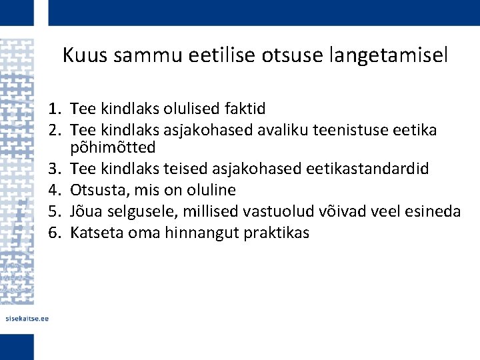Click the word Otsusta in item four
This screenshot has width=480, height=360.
point(94,191)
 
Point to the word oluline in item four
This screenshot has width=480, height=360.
point(212,191)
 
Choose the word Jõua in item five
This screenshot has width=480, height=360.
point(85,211)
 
